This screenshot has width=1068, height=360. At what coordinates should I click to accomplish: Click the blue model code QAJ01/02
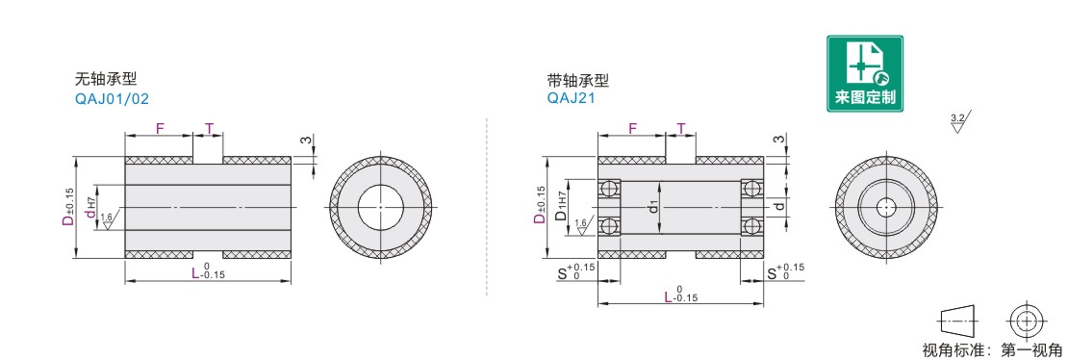[x=112, y=99]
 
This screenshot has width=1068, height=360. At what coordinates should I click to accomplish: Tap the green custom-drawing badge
[x=865, y=73]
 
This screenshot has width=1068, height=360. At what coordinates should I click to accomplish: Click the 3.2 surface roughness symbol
[x=959, y=122]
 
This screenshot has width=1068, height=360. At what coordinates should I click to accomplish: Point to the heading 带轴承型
[x=578, y=80]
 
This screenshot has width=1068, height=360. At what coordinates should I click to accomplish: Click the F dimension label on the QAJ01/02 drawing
[x=160, y=127]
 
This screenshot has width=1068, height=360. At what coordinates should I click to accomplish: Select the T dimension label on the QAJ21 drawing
[x=680, y=127]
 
